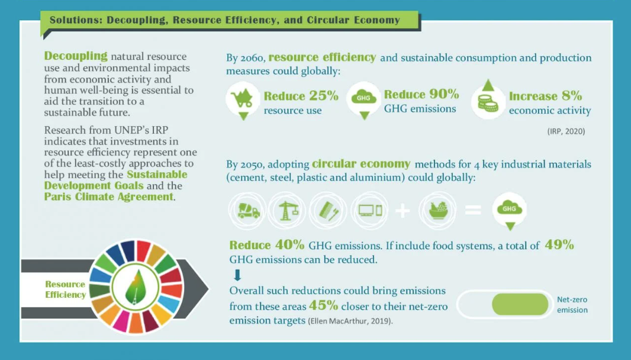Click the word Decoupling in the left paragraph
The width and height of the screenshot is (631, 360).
coord(76,56)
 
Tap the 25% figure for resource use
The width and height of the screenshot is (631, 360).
coord(324,96)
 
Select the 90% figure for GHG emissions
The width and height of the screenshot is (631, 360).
coord(444,94)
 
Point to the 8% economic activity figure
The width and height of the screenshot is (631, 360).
coord(572,96)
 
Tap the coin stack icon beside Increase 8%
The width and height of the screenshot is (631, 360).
coord(488,102)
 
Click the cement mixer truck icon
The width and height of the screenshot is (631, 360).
coord(247,211)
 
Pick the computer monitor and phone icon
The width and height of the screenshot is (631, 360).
coord(369,210)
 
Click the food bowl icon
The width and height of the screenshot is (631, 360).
coord(438,210)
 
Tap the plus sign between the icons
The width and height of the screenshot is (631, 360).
coord(403,211)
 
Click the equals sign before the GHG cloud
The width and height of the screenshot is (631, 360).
coord(473,210)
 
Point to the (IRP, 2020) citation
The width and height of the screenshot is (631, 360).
coord(566,131)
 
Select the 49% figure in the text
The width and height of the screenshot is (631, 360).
coord(559,245)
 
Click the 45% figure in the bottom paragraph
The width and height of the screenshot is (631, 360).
coord(323,306)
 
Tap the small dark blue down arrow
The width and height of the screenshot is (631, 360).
coord(237,275)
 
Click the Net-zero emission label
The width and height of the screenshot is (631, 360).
coord(572,305)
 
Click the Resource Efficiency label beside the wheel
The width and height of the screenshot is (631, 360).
coord(65,290)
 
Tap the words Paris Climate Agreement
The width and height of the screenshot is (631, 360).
coord(109,197)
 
